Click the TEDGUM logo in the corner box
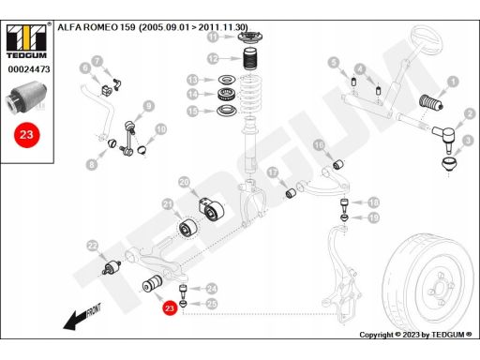pos(26,41)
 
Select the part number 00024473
pos(29,69)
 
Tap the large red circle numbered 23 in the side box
pos(26,135)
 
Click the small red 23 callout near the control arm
pos(170,308)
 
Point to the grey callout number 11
pos(213,37)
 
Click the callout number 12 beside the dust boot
pos(213,58)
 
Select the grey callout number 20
pos(185,182)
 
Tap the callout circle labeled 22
pos(93,246)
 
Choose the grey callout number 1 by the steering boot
pos(453,82)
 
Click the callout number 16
pos(319,145)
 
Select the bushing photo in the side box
pos(26,97)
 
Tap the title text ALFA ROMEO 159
pos(97,27)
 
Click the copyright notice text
pos(415,335)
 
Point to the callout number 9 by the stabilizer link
pos(149,106)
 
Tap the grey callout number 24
pos(212,289)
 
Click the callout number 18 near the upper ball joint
pos(374,202)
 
